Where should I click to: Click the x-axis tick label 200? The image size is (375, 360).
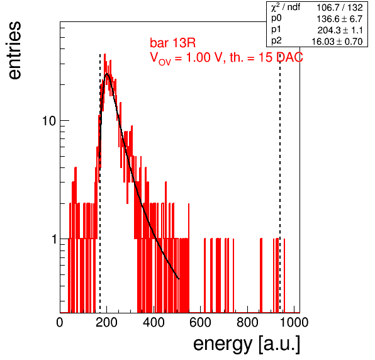106,322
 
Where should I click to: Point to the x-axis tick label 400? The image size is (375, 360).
154,322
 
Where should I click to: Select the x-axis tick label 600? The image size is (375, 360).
201,322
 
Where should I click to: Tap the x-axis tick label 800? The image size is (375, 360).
247,322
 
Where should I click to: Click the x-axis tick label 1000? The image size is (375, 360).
294,322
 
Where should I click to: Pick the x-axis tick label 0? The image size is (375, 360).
60,322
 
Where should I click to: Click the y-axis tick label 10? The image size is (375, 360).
49,121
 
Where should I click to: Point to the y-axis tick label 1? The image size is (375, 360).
54,239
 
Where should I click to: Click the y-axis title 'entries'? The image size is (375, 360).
15,50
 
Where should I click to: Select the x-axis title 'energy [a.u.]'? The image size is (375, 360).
247,344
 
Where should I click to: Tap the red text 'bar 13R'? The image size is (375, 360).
172,43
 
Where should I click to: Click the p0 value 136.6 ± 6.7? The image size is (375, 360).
340,19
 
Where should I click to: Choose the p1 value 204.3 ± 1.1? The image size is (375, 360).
340,30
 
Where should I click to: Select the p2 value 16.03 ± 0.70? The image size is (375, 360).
337,42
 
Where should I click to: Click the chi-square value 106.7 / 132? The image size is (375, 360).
340,8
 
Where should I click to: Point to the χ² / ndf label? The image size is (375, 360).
286,8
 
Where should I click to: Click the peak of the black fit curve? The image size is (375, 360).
107,74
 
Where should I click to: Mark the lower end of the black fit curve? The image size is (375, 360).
179,279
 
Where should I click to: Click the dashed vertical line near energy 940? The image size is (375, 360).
280,183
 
